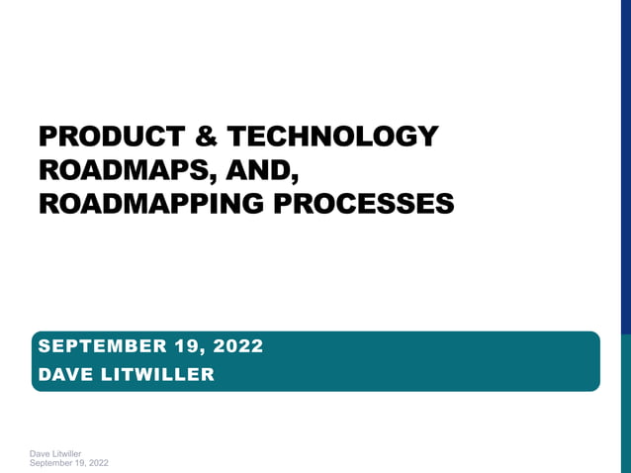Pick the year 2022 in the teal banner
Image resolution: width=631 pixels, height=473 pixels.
click(x=238, y=346)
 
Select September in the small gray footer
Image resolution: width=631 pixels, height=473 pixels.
click(x=52, y=462)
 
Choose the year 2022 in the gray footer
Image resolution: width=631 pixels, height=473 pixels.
click(x=99, y=462)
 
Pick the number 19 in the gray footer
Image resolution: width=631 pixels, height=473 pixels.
click(x=81, y=462)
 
